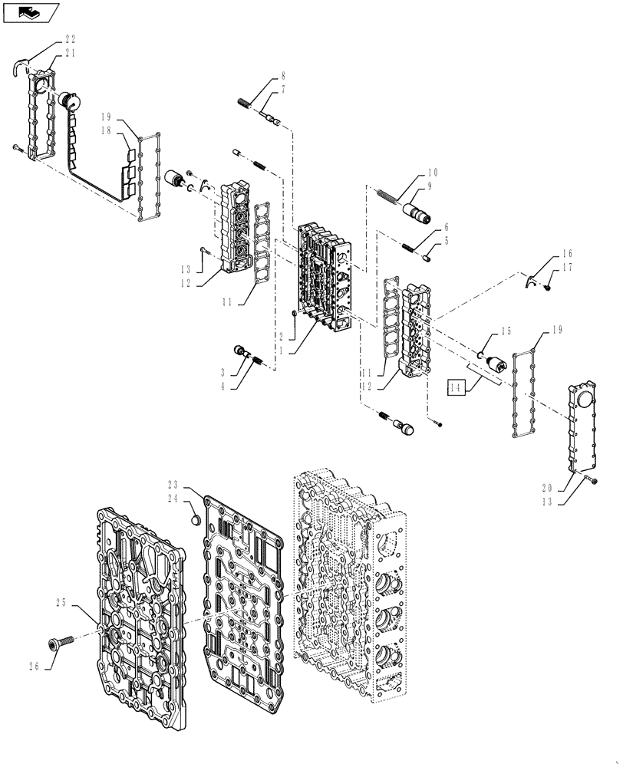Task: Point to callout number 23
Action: pyautogui.click(x=173, y=485)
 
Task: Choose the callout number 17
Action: pyautogui.click(x=567, y=267)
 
